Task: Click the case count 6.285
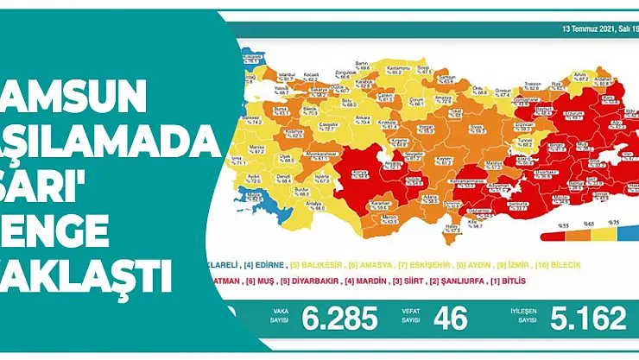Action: click(x=339, y=319)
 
